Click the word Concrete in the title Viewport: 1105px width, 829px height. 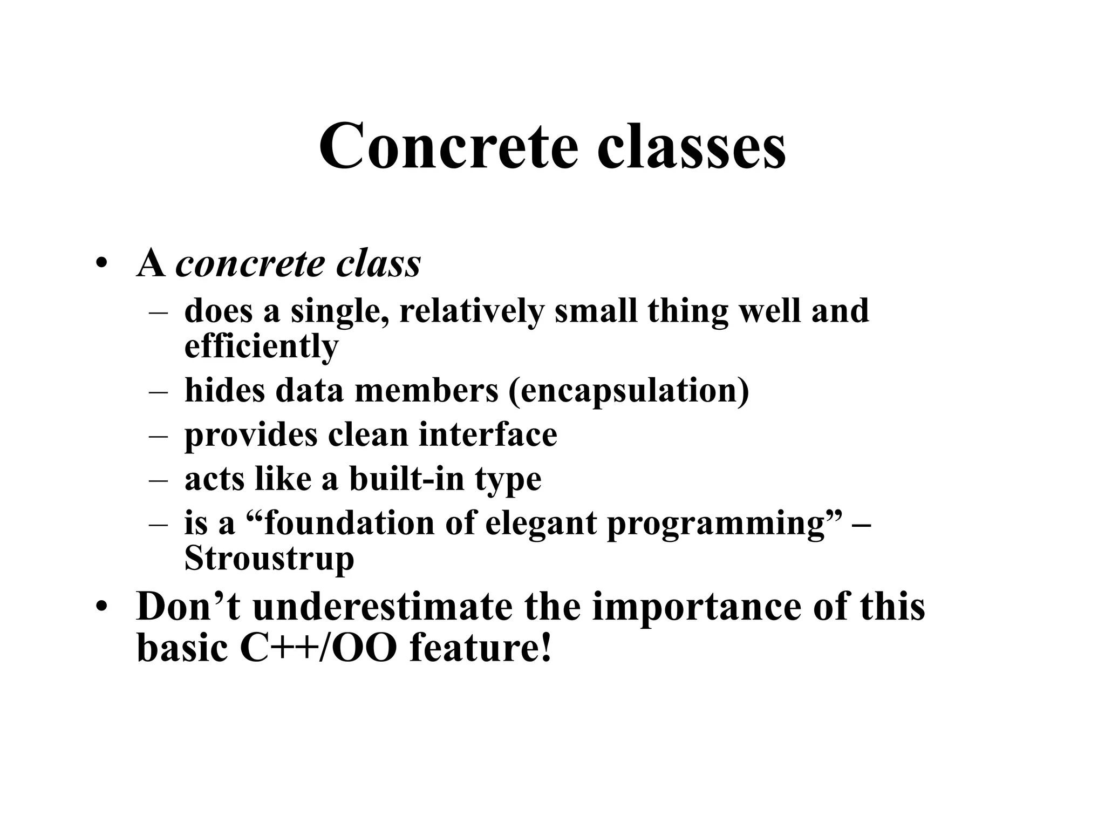click(448, 147)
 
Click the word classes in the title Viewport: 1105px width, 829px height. click(691, 147)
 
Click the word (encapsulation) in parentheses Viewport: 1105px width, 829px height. click(629, 390)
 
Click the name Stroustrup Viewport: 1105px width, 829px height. click(269, 558)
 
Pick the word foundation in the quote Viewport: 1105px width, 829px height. click(349, 523)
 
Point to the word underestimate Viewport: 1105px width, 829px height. click(383, 607)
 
